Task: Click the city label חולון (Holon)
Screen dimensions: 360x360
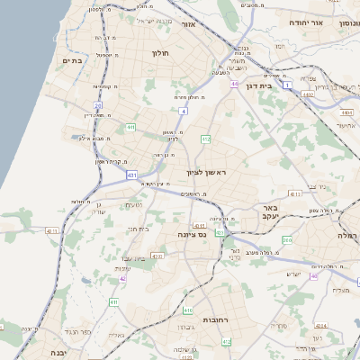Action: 162,53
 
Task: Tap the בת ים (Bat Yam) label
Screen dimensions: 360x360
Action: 72,60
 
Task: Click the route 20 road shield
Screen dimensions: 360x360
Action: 97,105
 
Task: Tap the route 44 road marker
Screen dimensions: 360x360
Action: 233,84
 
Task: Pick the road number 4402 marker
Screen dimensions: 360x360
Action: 309,94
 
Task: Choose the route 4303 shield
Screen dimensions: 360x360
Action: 157,256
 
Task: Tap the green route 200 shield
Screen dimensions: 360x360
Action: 286,240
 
